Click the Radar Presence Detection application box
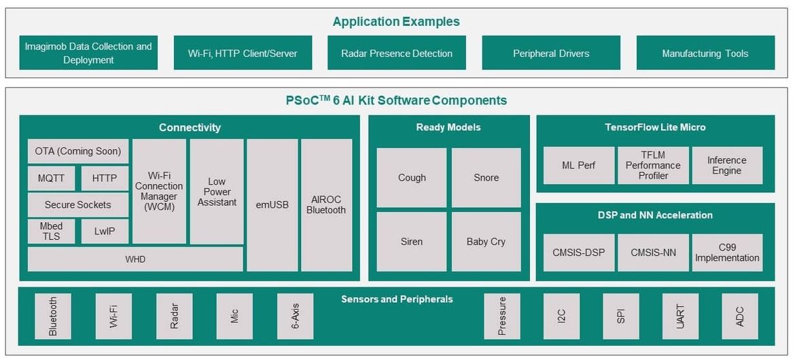coord(397,53)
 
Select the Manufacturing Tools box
coord(705,53)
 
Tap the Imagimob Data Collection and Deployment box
coord(88,53)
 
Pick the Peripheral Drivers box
coord(551,53)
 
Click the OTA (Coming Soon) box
coord(78,151)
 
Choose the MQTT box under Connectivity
coord(51,179)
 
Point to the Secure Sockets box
coord(78,205)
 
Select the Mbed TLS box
coord(51,231)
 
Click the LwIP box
coord(105,231)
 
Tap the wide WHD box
coord(135,259)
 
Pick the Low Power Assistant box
coord(217,192)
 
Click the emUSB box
coord(272,205)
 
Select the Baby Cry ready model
coord(487,242)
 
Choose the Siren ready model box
coord(412,242)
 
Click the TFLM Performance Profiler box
coord(653,165)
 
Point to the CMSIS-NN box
coord(653,253)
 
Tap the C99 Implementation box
coord(727,253)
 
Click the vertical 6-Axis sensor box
coord(295,317)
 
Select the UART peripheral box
coord(680,317)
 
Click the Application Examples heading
coord(397,22)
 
